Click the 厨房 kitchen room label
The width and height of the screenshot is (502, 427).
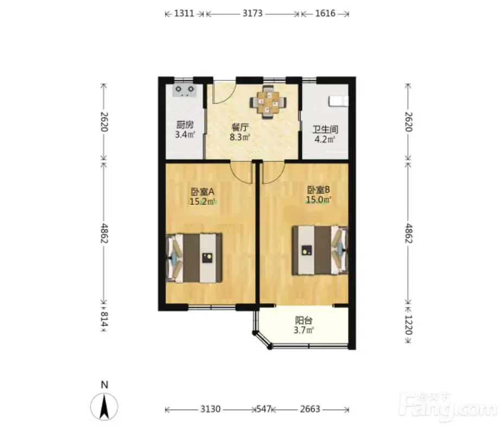(185, 124)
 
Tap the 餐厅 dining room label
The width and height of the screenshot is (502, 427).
(240, 127)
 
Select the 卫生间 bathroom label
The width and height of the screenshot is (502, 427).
(325, 129)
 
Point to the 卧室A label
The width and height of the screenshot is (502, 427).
(202, 192)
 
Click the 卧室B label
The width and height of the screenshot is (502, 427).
(319, 190)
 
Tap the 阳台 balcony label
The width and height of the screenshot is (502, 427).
(303, 321)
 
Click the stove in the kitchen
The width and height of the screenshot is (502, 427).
(184, 90)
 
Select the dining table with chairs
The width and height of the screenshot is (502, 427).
(268, 103)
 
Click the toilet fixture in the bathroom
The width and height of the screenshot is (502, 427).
(338, 101)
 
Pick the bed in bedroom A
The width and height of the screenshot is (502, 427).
(194, 258)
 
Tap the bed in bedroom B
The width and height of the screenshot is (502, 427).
(320, 250)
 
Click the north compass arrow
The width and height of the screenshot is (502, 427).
(104, 407)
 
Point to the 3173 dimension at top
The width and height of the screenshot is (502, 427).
(252, 14)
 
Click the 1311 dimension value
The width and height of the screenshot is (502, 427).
(184, 14)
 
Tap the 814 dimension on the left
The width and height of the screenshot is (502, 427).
(104, 319)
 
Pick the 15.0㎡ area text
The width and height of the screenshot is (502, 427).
(319, 200)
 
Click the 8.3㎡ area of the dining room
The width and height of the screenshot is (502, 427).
(240, 137)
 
